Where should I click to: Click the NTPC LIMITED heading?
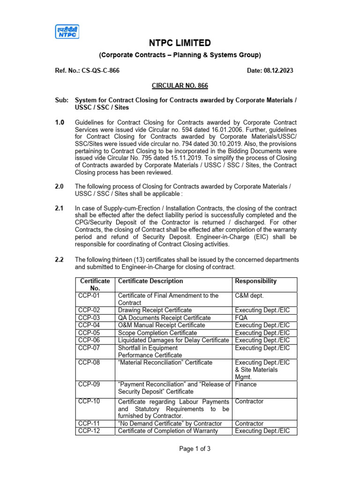[x=180, y=43]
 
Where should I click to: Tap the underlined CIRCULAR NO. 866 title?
[x=180, y=86]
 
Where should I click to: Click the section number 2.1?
[x=60, y=208]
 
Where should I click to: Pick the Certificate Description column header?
[x=150, y=281]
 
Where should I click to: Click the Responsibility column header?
[x=255, y=281]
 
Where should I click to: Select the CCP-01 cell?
[x=89, y=296]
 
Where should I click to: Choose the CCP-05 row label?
[x=89, y=333]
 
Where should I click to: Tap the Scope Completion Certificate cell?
[x=157, y=333]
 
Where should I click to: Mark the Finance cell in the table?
[x=246, y=384]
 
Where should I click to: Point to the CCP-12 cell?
[x=89, y=431]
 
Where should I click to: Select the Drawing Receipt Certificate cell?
[x=155, y=310]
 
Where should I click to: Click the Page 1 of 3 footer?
[x=195, y=449]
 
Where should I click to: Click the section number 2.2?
[x=60, y=260]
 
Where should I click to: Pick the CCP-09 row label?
[x=89, y=384]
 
